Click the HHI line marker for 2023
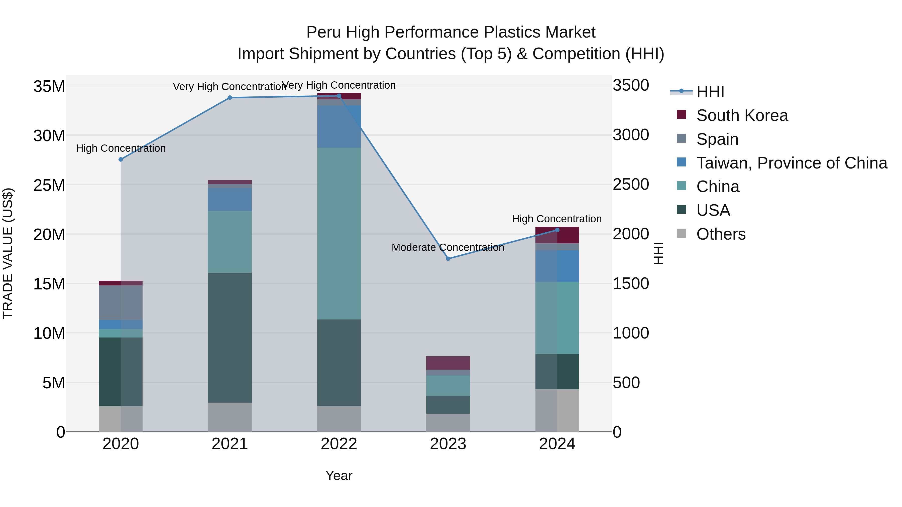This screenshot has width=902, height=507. click(x=448, y=259)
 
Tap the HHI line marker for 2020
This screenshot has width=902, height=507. click(x=121, y=159)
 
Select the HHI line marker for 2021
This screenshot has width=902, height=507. click(x=230, y=98)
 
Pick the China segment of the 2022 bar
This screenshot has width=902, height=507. click(x=339, y=233)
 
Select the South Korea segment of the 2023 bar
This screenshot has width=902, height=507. click(x=448, y=363)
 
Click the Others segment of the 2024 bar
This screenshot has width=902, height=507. click(x=557, y=410)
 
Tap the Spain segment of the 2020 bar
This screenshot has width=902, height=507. click(x=121, y=303)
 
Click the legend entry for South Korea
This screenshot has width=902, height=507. click(x=742, y=115)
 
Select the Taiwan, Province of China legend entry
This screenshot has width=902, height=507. click(x=791, y=163)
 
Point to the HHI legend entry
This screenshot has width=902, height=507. click(x=710, y=92)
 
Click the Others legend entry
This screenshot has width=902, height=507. click(x=721, y=234)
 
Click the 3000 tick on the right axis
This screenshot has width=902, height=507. click(x=631, y=135)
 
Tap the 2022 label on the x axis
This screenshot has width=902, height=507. click(x=339, y=444)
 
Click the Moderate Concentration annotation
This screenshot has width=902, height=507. click(x=448, y=247)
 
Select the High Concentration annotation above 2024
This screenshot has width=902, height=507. click(x=557, y=219)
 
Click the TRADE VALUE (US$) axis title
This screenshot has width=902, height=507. click(x=8, y=253)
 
